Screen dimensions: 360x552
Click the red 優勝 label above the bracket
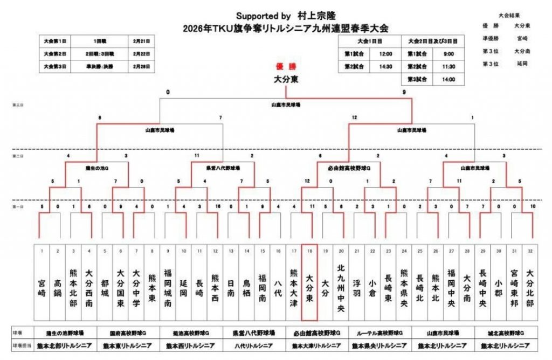(x=287, y=67)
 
